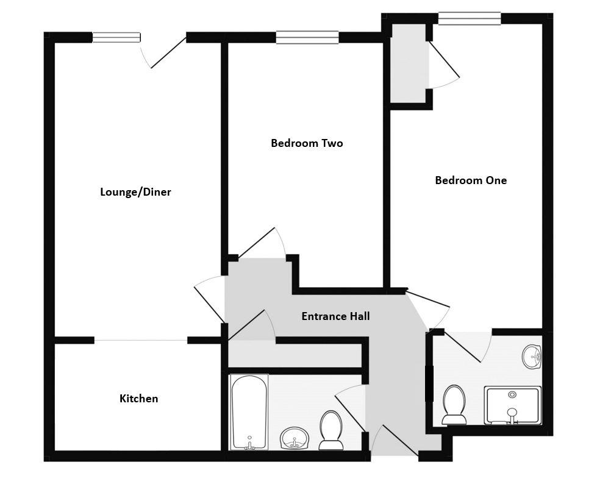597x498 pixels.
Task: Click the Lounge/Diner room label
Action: pos(135,192)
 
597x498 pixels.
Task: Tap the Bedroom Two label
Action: pos(307,143)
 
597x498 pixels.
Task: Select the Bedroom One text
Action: pos(470,180)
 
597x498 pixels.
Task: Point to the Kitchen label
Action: pos(138,399)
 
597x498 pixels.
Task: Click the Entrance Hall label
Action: pos(335,316)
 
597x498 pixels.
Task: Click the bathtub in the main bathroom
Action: pos(249,412)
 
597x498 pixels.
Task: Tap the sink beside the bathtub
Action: pos(295,438)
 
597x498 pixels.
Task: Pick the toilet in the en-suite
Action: pos(454,404)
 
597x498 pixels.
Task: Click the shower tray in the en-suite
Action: pos(512,405)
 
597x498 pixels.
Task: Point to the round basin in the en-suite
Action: pos(532,357)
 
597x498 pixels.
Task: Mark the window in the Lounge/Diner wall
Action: pos(116,38)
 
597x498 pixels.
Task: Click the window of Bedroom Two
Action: pos(307,38)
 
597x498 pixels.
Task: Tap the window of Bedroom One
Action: pos(469,19)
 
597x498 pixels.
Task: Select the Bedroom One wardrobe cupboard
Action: pos(409,63)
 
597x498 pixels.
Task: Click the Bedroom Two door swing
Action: pos(262,243)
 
